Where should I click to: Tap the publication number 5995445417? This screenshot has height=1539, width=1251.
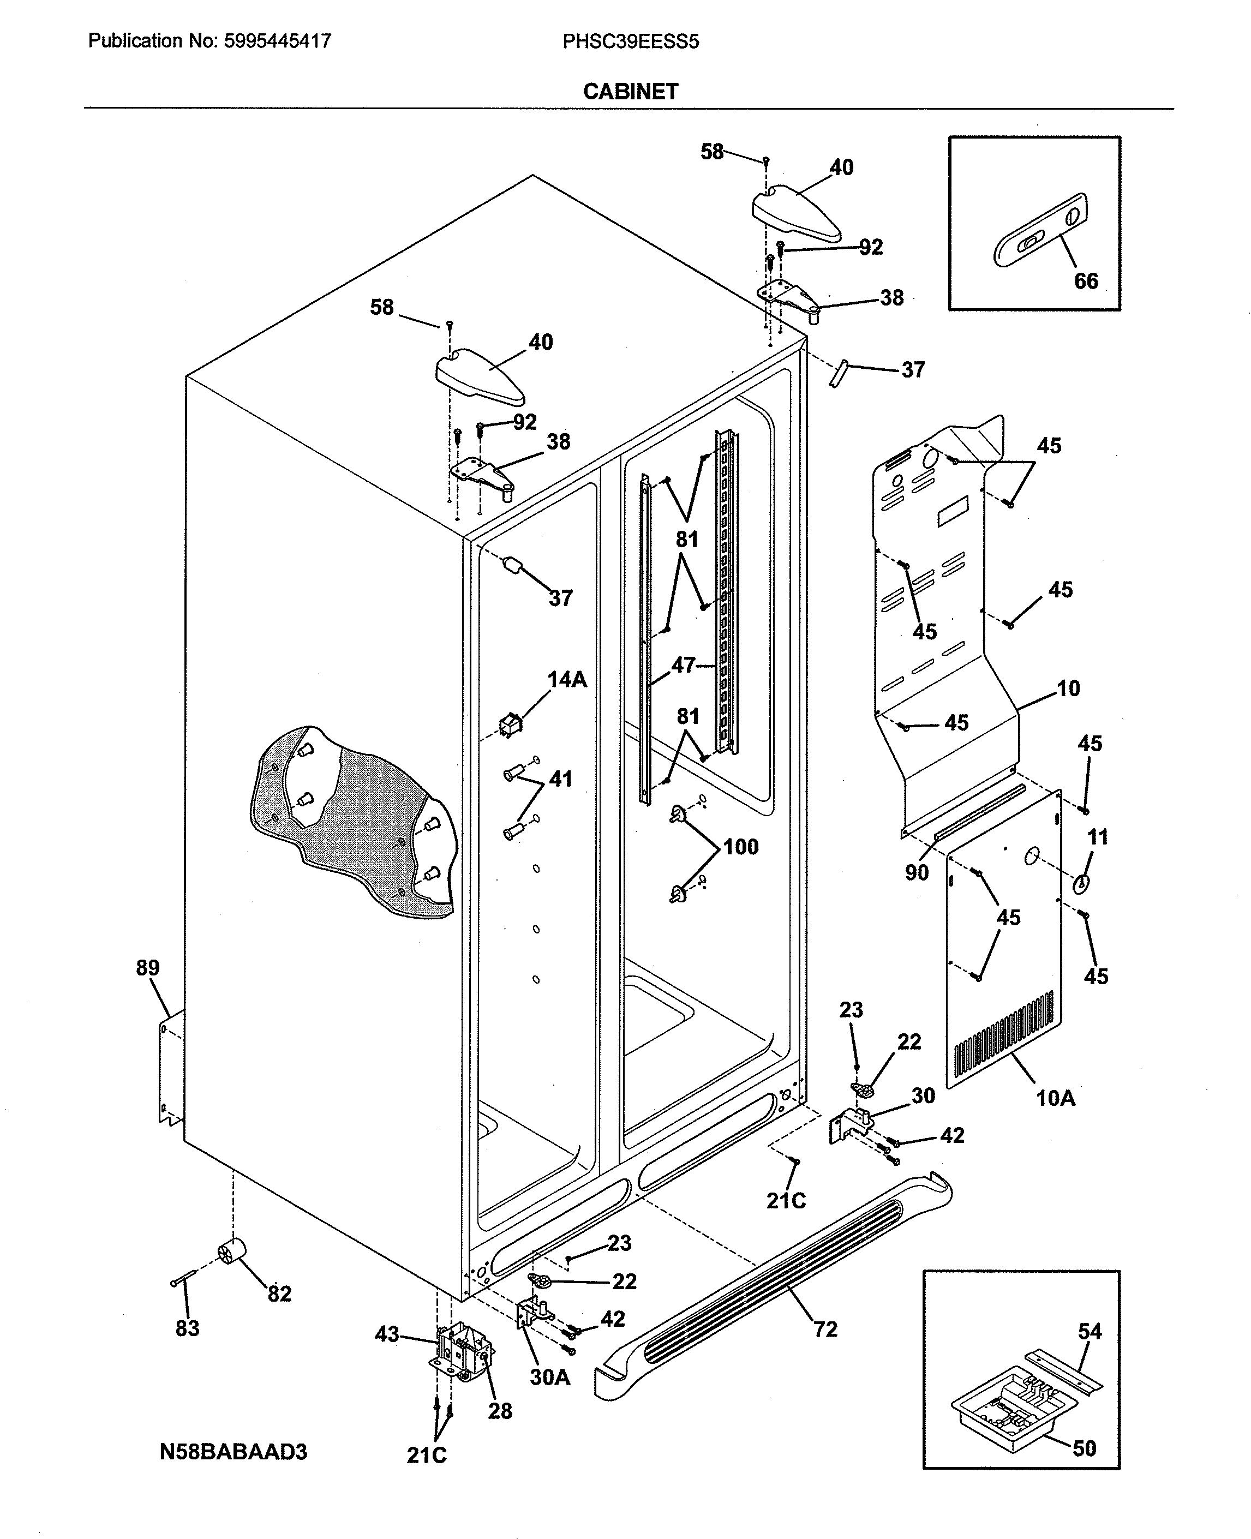pyautogui.click(x=278, y=41)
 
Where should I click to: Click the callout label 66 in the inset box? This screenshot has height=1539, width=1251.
pyautogui.click(x=1086, y=281)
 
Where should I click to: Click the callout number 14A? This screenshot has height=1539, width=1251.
pyautogui.click(x=567, y=679)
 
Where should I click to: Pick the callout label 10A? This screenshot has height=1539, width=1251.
pyautogui.click(x=1055, y=1098)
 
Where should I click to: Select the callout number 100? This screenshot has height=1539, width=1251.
pyautogui.click(x=741, y=847)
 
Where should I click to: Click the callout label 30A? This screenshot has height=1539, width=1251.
pyautogui.click(x=550, y=1377)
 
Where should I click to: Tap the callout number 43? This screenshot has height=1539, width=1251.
pyautogui.click(x=387, y=1334)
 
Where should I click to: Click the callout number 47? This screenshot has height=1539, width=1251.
pyautogui.click(x=683, y=665)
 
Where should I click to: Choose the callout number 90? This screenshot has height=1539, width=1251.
pyautogui.click(x=917, y=872)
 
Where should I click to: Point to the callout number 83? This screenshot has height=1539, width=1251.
pyautogui.click(x=187, y=1328)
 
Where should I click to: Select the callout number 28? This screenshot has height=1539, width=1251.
pyautogui.click(x=500, y=1411)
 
